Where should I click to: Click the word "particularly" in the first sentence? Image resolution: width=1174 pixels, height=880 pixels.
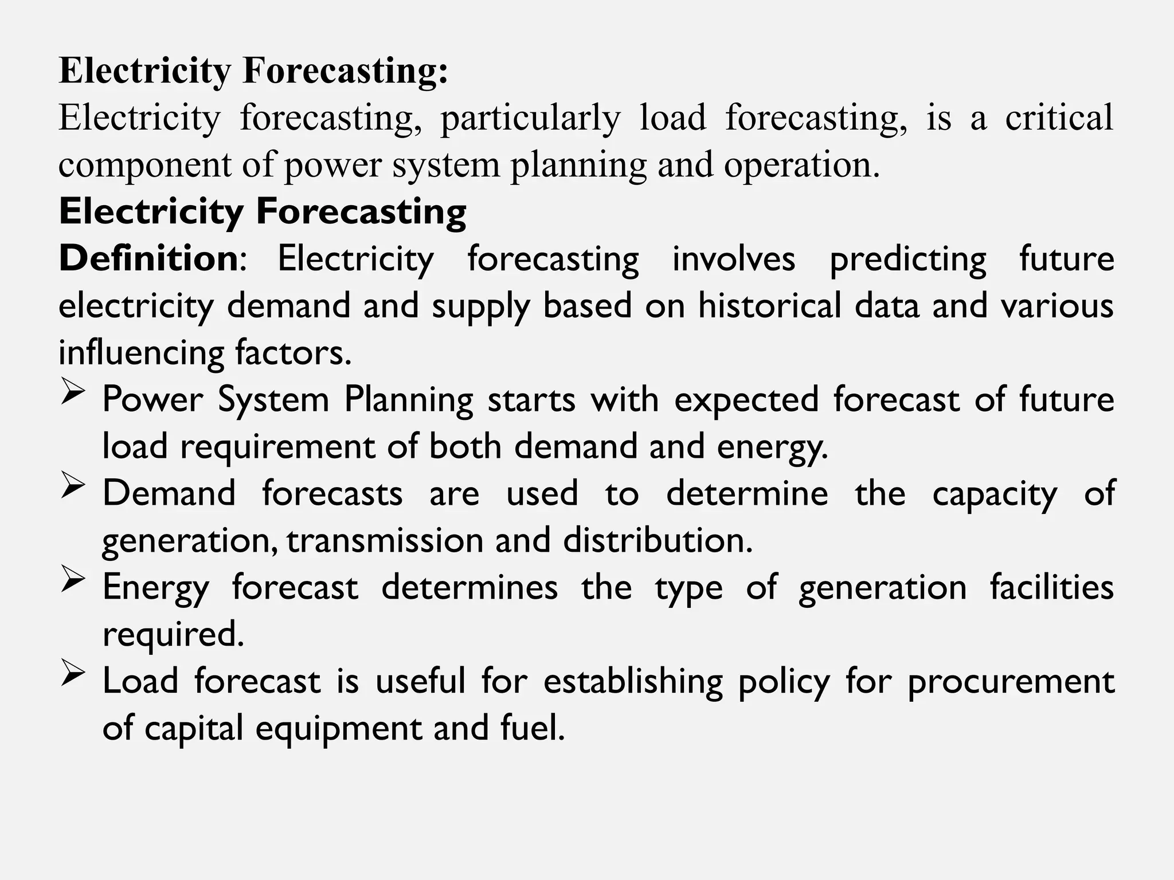(530, 119)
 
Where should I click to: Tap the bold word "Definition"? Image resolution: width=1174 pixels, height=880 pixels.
(148, 258)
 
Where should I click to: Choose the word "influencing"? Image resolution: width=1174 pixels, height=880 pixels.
(141, 353)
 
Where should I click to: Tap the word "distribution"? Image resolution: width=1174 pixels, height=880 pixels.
(658, 540)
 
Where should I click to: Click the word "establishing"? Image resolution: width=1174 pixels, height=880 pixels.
(633, 682)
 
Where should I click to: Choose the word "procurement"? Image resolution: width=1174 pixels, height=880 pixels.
(1011, 682)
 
